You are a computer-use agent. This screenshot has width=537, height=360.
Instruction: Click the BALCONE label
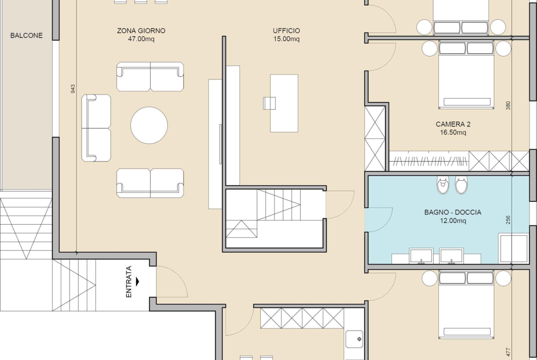[x=26, y=36]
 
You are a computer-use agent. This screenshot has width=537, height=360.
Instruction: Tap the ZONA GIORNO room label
[x=141, y=31]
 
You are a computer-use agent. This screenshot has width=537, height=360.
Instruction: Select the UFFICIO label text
[x=286, y=31]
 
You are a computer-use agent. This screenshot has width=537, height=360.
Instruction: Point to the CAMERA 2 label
[x=453, y=124]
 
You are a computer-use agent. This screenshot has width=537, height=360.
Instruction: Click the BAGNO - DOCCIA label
[x=453, y=212]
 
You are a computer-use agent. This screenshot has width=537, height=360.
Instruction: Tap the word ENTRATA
[x=129, y=282]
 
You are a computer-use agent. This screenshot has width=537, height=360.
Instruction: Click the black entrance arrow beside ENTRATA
[x=138, y=282]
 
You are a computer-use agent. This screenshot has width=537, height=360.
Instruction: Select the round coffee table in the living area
[x=149, y=125]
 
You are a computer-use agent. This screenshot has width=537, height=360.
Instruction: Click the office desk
[x=284, y=103]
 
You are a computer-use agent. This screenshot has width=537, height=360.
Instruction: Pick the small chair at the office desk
[x=269, y=103]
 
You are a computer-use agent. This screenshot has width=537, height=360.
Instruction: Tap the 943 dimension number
[x=73, y=89]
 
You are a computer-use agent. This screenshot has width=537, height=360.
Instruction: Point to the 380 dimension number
[x=508, y=105]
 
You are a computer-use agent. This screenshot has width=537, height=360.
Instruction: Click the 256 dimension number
[x=508, y=220]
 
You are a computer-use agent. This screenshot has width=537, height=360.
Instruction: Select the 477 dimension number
[x=508, y=352]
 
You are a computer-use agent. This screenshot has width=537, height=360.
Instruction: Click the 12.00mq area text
[x=453, y=221]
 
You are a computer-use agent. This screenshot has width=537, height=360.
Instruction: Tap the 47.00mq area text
[x=141, y=39]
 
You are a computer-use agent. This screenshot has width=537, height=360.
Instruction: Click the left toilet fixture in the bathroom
[x=443, y=185]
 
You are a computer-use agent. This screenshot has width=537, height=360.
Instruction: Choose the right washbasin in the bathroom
[x=451, y=256]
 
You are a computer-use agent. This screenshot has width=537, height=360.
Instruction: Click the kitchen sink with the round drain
[x=354, y=339]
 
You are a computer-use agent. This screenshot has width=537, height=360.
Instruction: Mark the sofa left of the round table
[x=96, y=128]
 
